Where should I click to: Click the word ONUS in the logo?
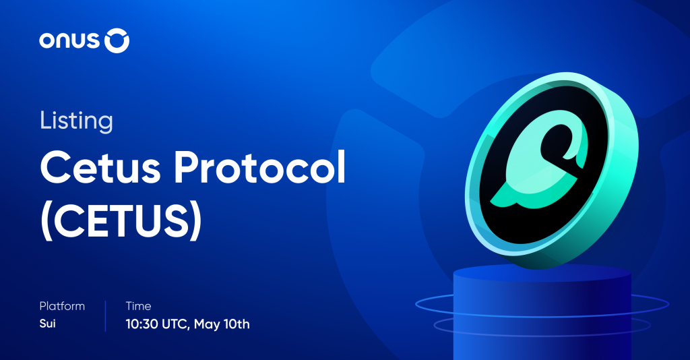[69, 42]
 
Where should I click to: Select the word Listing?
[75, 121]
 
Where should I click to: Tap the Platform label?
[62, 306]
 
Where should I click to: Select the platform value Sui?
[48, 324]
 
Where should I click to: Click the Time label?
[138, 306]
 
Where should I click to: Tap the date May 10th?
[222, 324]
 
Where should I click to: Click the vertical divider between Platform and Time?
[105, 316]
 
